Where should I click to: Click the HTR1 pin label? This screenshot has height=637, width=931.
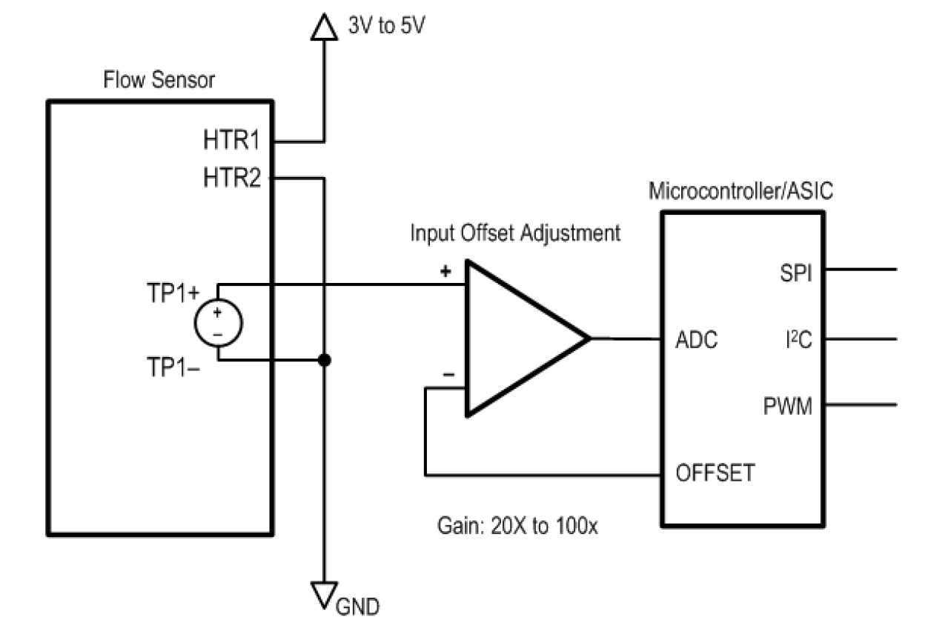[232, 140]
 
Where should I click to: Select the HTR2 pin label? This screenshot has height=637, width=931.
[232, 178]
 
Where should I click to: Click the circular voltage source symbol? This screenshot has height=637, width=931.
[218, 324]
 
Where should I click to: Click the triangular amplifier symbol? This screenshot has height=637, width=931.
[519, 338]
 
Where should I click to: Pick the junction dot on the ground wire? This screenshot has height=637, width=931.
[323, 361]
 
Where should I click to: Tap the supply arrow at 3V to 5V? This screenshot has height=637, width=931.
[323, 27]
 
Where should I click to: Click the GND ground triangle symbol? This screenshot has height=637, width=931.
[324, 593]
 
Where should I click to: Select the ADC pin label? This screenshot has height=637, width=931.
[697, 341]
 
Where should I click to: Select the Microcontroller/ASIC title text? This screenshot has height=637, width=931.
[741, 191]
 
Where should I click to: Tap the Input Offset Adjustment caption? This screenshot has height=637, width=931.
[515, 233]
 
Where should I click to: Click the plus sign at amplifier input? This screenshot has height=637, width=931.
[445, 271]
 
